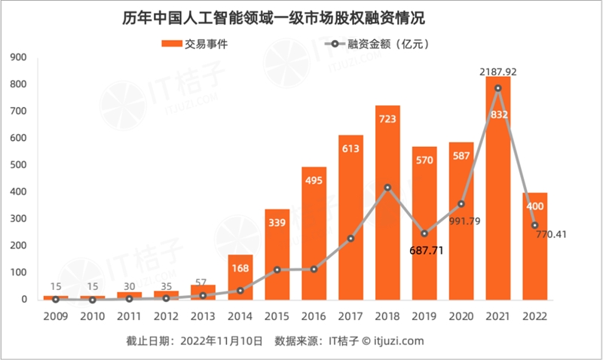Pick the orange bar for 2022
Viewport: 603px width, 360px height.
click(534, 249)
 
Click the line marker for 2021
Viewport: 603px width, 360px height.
click(498, 88)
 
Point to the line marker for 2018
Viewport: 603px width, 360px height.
click(387, 188)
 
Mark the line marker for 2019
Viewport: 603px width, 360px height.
click(424, 233)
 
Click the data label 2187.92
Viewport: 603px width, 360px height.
click(497, 72)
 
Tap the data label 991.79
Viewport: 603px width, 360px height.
click(462, 221)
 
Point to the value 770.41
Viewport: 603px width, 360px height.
click(548, 234)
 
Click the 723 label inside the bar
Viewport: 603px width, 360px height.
click(387, 120)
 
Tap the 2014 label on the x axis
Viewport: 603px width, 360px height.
click(240, 317)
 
